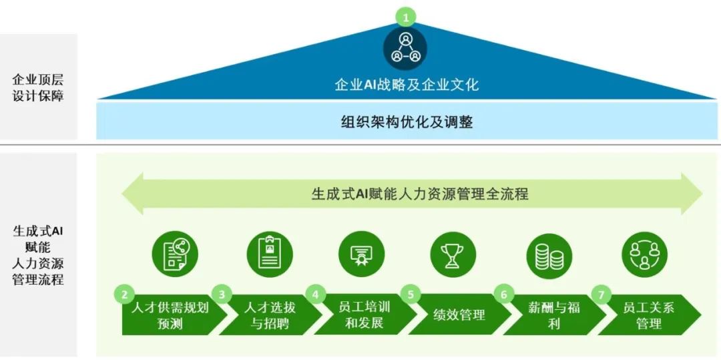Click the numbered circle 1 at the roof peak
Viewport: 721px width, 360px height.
406,18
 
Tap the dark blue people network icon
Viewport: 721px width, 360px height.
405,48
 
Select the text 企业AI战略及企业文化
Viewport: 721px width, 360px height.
407,85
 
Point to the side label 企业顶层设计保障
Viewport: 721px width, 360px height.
37,88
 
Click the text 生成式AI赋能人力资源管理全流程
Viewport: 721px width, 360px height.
420,194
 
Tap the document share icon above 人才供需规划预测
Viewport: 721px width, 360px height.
175,254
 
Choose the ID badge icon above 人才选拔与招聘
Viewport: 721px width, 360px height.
270,254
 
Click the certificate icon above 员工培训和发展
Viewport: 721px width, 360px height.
361,254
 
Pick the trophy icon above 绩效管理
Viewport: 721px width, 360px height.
453,254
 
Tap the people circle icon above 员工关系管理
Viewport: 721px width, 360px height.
644,254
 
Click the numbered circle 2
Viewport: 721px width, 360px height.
124,295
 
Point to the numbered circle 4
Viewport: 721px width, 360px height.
315,295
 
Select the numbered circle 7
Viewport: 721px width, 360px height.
601,295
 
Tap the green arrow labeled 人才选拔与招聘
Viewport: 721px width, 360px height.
270,315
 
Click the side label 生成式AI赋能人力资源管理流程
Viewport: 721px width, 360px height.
37,254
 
